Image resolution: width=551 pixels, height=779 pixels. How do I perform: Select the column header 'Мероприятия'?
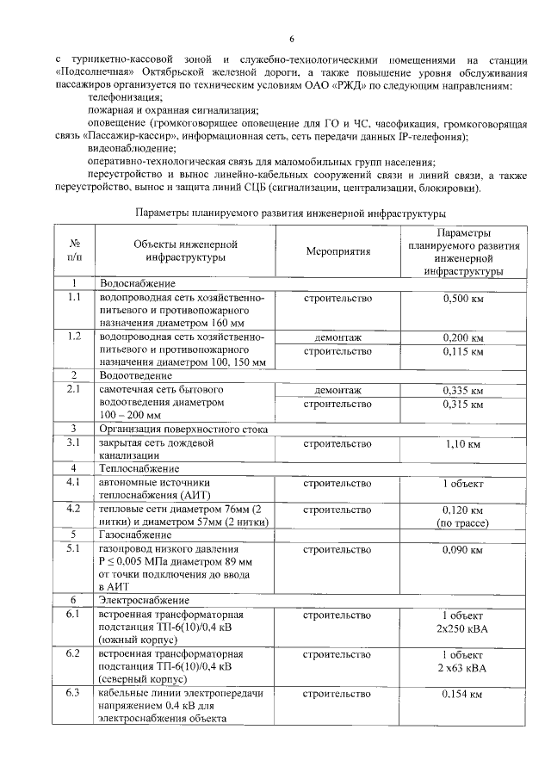pyautogui.click(x=337, y=251)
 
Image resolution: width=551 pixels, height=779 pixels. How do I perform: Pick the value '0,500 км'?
pyautogui.click(x=462, y=299)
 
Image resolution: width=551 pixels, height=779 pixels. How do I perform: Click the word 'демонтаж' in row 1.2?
pyautogui.click(x=337, y=337)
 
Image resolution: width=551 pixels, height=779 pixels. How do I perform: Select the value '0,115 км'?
pyautogui.click(x=462, y=351)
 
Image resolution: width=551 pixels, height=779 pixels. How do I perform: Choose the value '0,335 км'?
pyautogui.click(x=462, y=391)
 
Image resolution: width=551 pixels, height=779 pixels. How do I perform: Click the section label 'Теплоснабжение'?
pyautogui.click(x=139, y=468)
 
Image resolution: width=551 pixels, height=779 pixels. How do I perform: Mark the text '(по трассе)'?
pyautogui.click(x=462, y=522)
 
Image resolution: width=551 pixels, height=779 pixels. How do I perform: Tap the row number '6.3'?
pyautogui.click(x=74, y=693)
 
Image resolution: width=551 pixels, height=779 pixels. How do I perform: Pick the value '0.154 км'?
pyautogui.click(x=462, y=694)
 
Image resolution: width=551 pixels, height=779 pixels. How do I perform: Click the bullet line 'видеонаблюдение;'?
pyautogui.click(x=120, y=148)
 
